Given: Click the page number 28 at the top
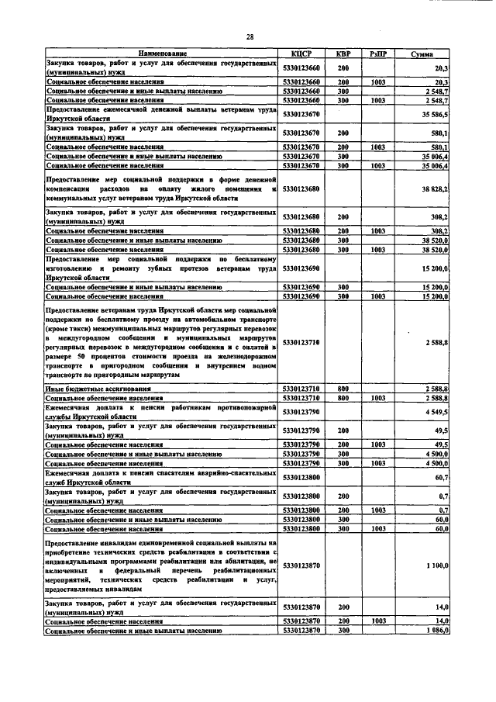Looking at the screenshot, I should [x=250, y=36].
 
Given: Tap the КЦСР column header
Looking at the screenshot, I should [x=301, y=54].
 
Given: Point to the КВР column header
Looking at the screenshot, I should [x=343, y=54].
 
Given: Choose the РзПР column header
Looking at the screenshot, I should [x=378, y=54].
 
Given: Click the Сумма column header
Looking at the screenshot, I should [x=422, y=54].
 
